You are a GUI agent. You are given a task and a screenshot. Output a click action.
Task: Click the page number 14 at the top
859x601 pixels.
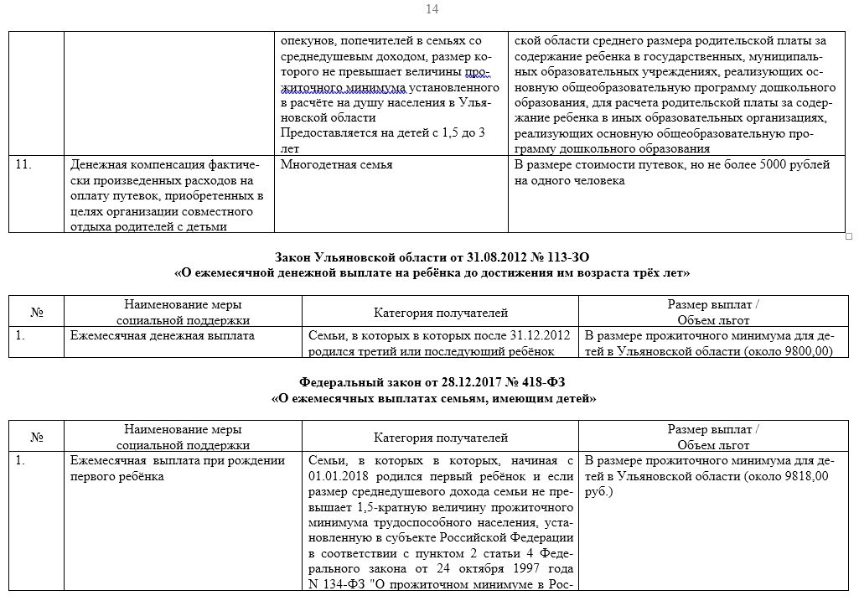tap(432, 9)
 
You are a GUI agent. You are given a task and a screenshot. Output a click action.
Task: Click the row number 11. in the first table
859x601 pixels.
tap(24, 165)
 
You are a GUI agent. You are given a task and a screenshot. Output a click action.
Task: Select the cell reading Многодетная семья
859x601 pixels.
tap(336, 165)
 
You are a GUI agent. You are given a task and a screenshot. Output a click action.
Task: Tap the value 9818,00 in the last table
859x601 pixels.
tap(803, 476)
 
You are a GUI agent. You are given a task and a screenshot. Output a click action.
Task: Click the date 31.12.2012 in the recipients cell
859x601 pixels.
tap(540, 335)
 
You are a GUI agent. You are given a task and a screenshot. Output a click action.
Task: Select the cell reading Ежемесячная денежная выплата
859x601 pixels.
tap(163, 335)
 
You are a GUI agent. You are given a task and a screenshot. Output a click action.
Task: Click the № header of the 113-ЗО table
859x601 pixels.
tap(37, 313)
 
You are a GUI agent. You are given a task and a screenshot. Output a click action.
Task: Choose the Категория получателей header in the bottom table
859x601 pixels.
tap(441, 438)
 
